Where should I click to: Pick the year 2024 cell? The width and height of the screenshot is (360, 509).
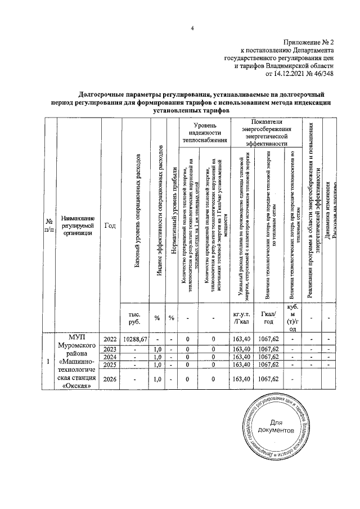point(110,357)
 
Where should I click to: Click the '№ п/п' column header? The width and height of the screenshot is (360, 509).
point(49,228)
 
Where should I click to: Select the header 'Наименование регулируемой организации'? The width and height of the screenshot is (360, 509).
point(78,228)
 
